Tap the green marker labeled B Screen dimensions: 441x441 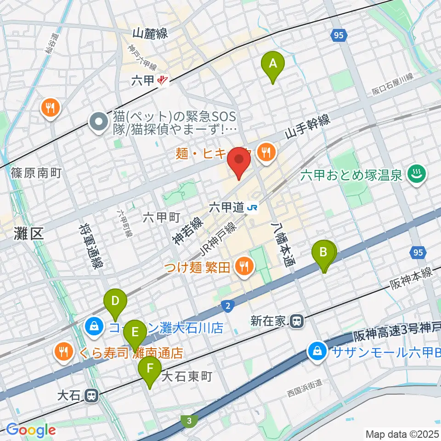[323, 253]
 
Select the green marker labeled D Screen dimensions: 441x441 [115, 302]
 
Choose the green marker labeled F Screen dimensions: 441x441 [150, 369]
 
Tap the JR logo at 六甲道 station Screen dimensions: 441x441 [252, 208]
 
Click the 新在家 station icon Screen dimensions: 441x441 [297, 321]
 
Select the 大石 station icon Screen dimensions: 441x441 [92, 395]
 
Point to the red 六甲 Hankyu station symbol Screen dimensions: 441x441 [162, 81]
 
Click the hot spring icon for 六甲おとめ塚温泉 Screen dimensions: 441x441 [418, 175]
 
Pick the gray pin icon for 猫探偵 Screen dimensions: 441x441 [98, 122]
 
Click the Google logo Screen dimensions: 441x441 [31, 430]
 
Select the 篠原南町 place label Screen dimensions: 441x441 [36, 173]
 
